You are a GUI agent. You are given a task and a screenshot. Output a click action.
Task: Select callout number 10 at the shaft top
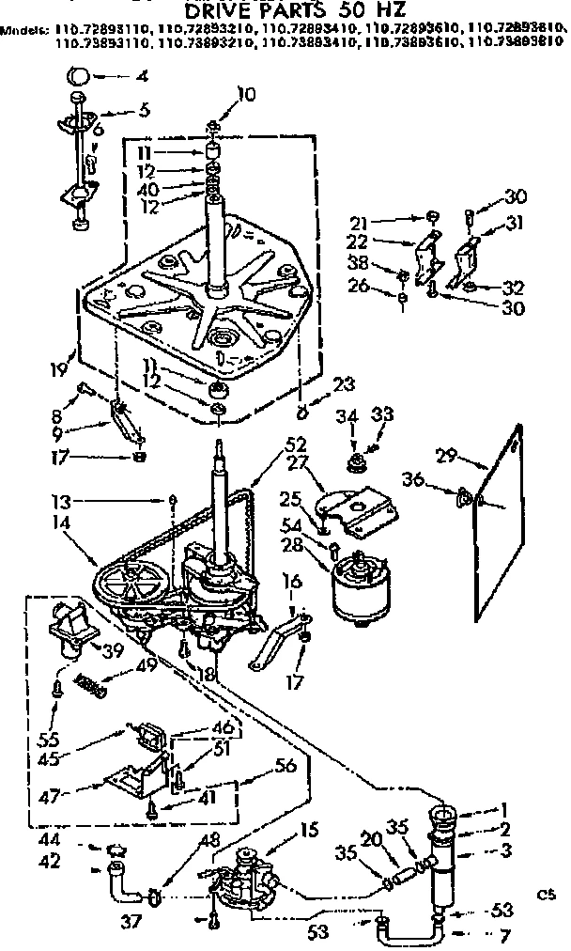pos(245,93)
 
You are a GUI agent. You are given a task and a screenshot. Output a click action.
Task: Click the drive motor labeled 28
pos(361,585)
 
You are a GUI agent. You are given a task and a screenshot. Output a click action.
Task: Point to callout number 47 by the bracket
pos(54,795)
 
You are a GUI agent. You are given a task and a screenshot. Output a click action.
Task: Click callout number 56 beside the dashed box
pos(285,766)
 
